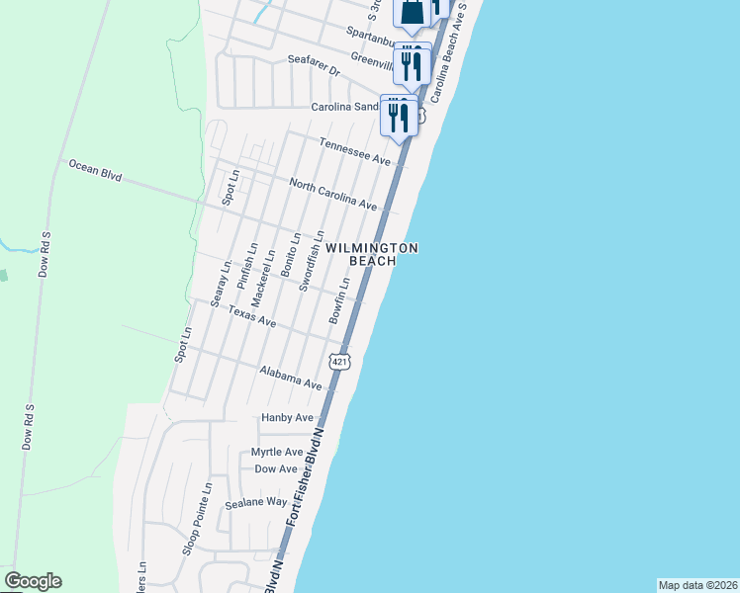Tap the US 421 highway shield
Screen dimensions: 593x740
(340, 362)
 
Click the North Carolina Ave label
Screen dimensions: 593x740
(333, 194)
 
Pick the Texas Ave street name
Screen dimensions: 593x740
(252, 316)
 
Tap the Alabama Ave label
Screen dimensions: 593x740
(291, 377)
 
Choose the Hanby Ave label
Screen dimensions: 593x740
(287, 418)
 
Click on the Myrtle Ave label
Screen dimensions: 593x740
(276, 452)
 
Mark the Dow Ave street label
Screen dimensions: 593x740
(276, 469)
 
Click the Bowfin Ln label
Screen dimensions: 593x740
(339, 301)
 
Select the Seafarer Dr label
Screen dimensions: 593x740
(314, 65)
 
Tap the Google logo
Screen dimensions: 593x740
(33, 581)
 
